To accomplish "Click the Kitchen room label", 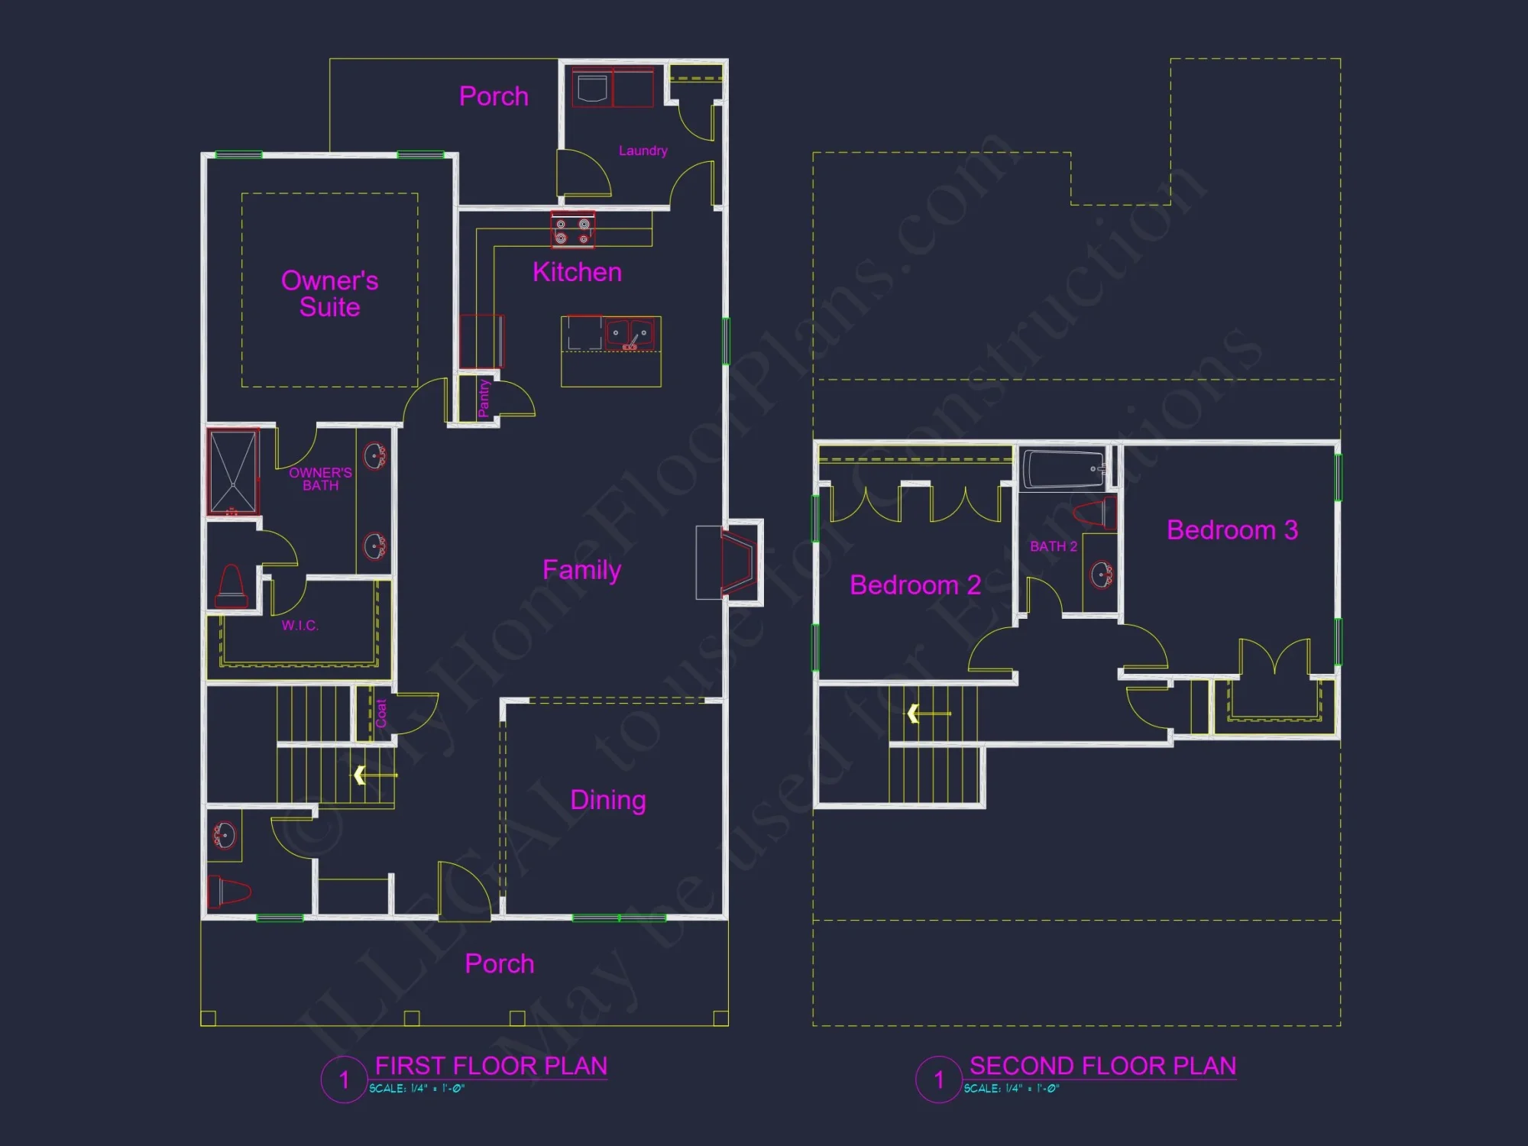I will pos(577,272).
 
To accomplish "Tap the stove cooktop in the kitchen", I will pos(573,230).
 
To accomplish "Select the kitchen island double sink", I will pos(630,334).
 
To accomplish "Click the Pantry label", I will pos(484,399).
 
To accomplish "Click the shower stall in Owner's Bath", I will pos(233,471).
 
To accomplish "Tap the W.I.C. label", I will pos(299,626).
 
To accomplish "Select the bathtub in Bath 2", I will pos(1063,468).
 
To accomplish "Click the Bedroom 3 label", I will pos(1232,530).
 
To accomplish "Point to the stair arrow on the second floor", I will pos(927,714).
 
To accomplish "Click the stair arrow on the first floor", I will pos(374,775).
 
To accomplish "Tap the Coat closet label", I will pos(381,713).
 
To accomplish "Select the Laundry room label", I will pos(643,151).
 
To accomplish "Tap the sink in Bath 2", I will pos(1101,575).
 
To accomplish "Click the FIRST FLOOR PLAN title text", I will pos(490,1066).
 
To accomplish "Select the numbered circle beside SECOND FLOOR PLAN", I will pos(938,1080).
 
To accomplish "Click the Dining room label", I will pos(608,800).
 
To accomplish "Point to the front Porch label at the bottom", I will pos(499,963).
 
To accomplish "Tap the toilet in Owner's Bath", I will pos(231,587).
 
